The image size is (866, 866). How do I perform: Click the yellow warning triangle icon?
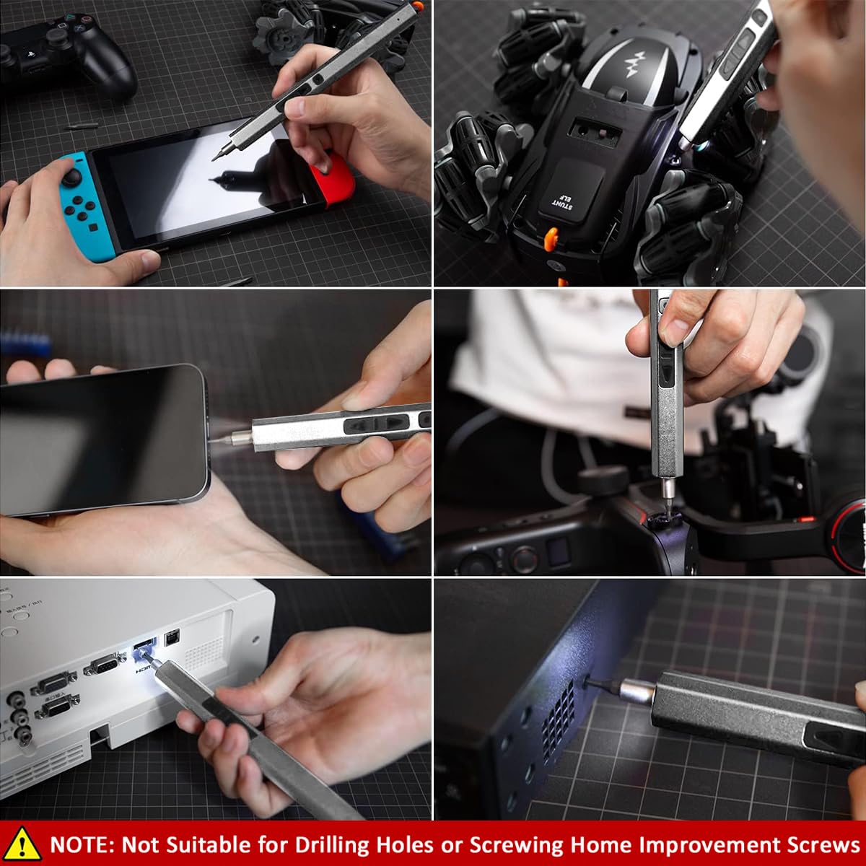(x=22, y=844)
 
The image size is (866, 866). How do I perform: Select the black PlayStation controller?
(x=69, y=54)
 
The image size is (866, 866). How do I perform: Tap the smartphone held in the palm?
(x=101, y=440)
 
